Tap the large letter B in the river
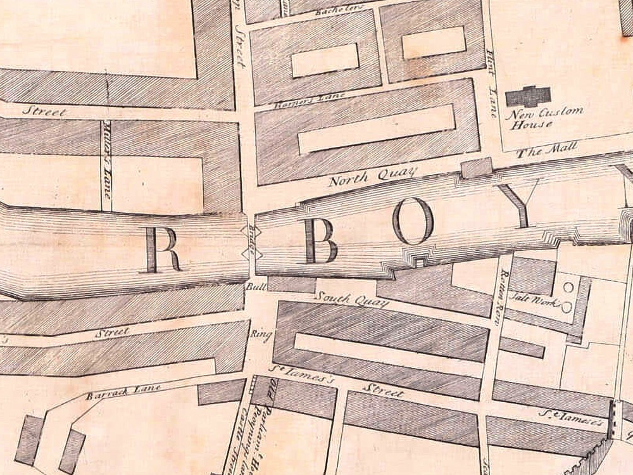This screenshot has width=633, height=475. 321,243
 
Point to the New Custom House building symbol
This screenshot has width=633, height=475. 528,96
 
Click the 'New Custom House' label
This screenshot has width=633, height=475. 544,117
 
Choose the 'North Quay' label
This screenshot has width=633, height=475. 373,175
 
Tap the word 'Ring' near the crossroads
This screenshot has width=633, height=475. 261,334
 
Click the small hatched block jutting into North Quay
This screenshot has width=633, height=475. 477,168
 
